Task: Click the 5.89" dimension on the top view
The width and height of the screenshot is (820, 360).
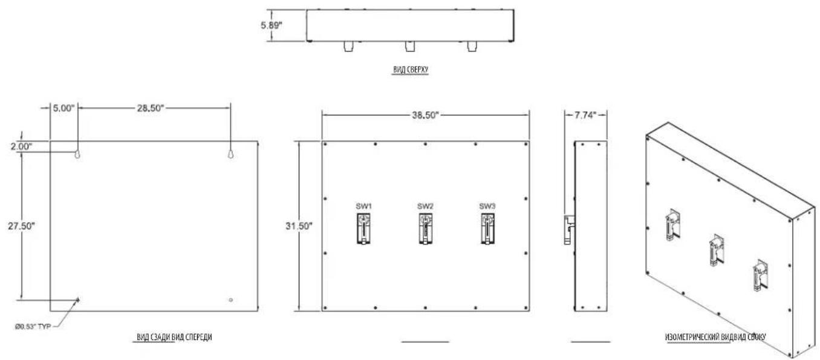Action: [272, 25]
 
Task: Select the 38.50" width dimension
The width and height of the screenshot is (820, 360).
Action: [425, 115]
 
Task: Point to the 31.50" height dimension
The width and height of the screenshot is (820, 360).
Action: [299, 226]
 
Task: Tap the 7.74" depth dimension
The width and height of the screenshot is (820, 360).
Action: [585, 115]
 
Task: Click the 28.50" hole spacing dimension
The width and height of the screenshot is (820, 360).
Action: [151, 108]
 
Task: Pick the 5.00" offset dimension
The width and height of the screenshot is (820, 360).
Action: [63, 108]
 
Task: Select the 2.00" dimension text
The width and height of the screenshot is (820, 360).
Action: [21, 146]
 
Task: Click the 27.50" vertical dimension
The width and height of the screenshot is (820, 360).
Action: [21, 226]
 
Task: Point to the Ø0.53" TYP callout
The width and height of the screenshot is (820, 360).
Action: [33, 326]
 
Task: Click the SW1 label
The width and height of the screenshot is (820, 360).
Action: [363, 206]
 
